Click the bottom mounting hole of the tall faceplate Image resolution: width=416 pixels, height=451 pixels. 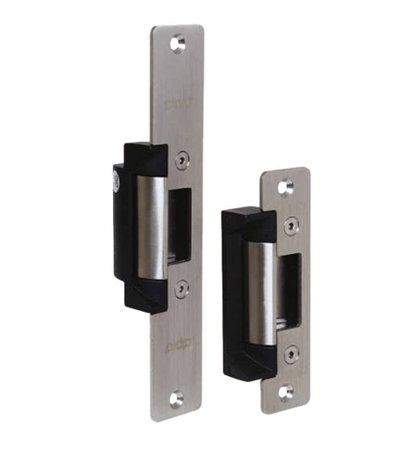(x=176, y=397)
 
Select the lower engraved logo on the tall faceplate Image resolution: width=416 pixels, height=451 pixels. (x=178, y=344)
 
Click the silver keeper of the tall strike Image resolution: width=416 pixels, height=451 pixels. (x=152, y=227)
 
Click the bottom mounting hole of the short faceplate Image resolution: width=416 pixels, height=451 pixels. (x=286, y=392)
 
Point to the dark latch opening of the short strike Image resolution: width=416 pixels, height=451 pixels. (x=290, y=290)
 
